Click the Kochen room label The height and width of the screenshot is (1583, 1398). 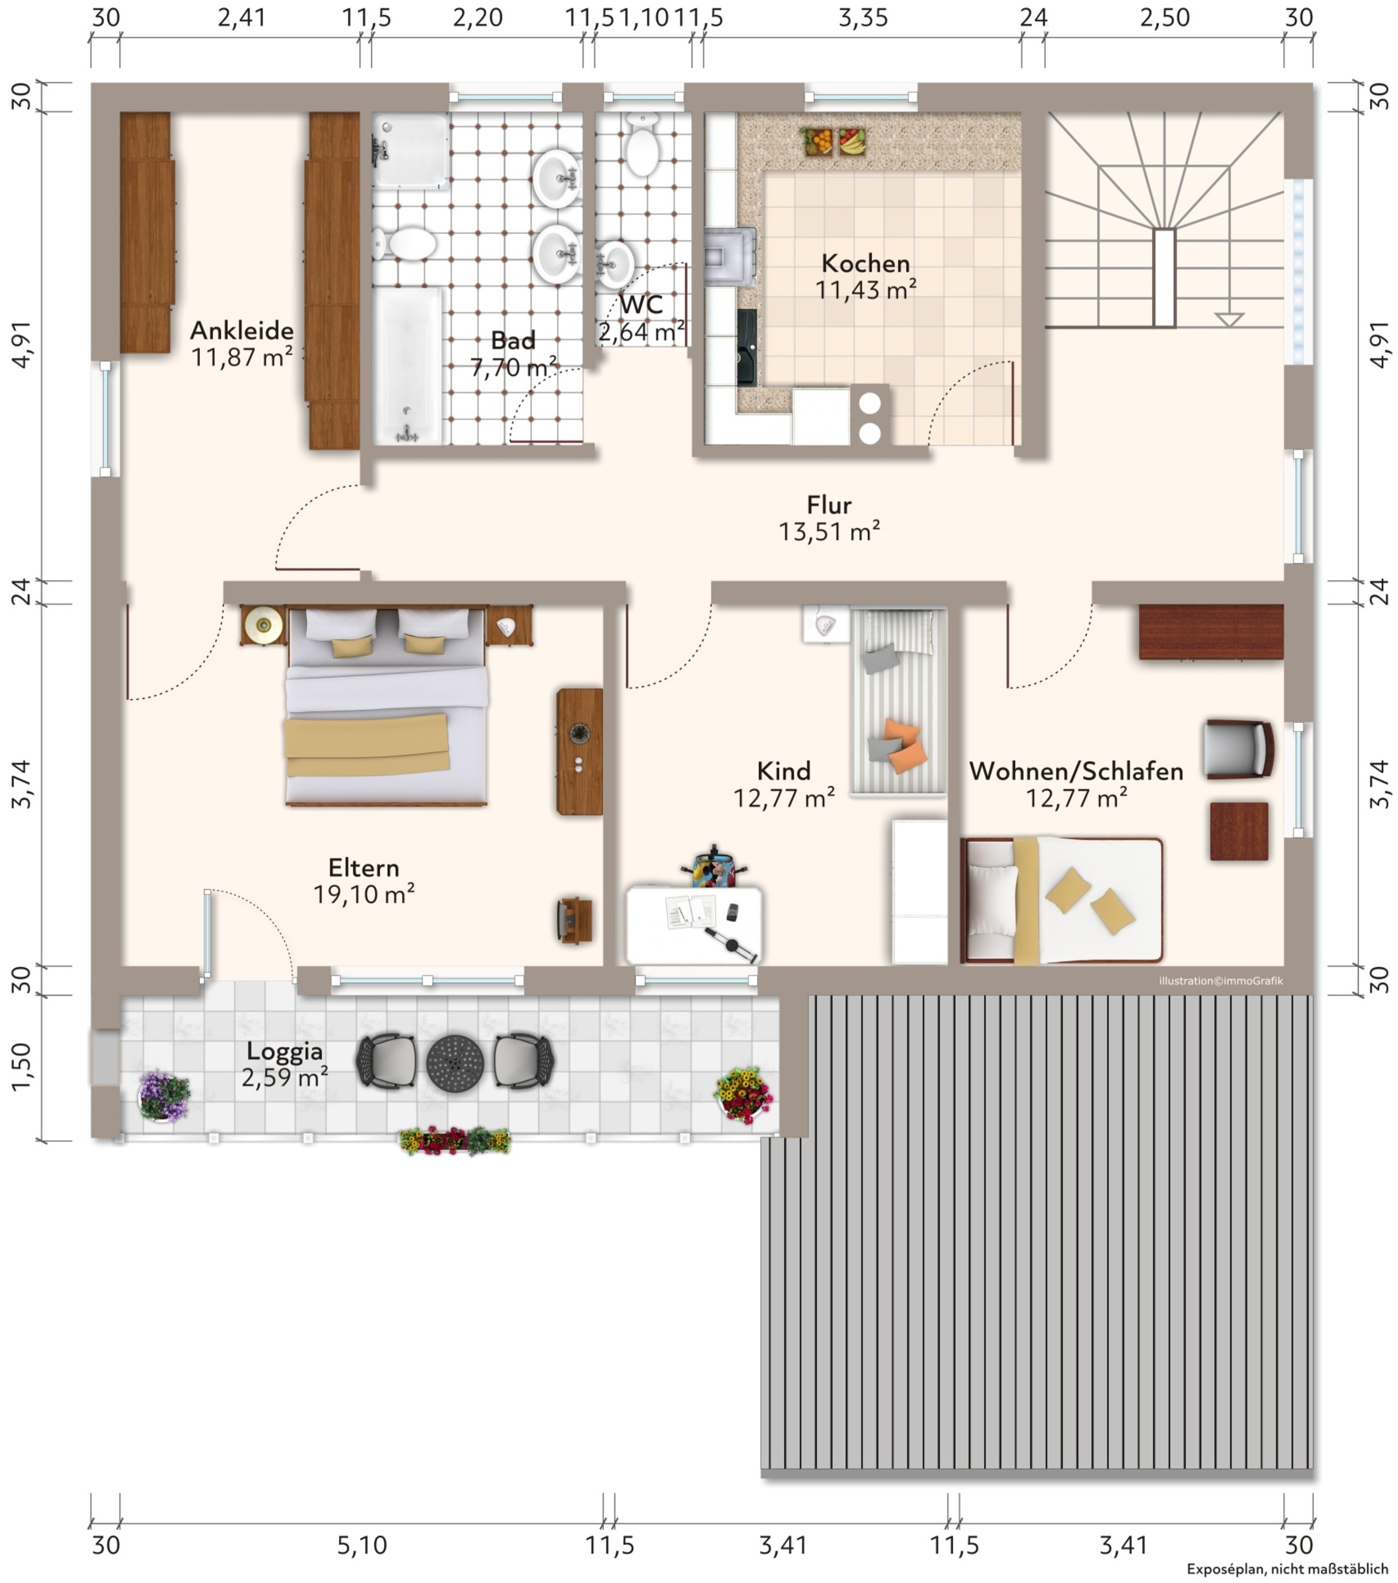(865, 263)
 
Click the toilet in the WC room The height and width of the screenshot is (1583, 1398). (642, 143)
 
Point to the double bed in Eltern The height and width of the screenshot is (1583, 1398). (386, 705)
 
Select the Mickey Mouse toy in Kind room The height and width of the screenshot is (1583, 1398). (714, 867)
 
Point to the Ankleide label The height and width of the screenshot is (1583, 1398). (242, 331)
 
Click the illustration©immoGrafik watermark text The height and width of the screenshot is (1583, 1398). (1221, 980)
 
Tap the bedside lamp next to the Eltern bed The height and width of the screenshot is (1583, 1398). (263, 624)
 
